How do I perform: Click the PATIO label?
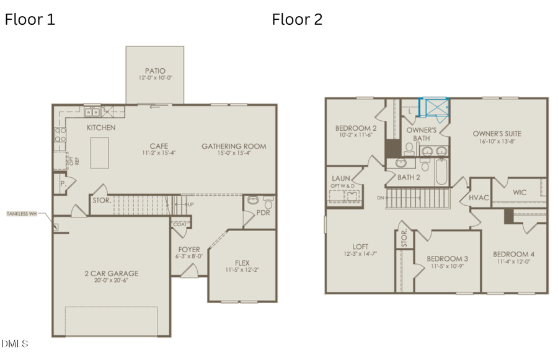pos(155,71)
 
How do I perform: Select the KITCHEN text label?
pos(101,128)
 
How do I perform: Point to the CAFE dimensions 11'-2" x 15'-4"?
pos(159,154)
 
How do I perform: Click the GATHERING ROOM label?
pos(234,146)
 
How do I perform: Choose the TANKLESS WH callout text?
pos(22,213)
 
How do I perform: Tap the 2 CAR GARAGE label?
pos(112,273)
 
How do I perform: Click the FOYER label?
pos(189,250)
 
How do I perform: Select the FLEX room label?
pos(242,263)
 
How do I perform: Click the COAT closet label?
pos(180,224)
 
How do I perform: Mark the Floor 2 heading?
pos(297,19)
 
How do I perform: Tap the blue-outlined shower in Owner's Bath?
pos(435,108)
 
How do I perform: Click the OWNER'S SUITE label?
pos(497,133)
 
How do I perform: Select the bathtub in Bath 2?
pos(441,172)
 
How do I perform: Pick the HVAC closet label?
pos(479,197)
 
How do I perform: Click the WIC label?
pos(520,192)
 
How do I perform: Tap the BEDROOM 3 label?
pos(447,258)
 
